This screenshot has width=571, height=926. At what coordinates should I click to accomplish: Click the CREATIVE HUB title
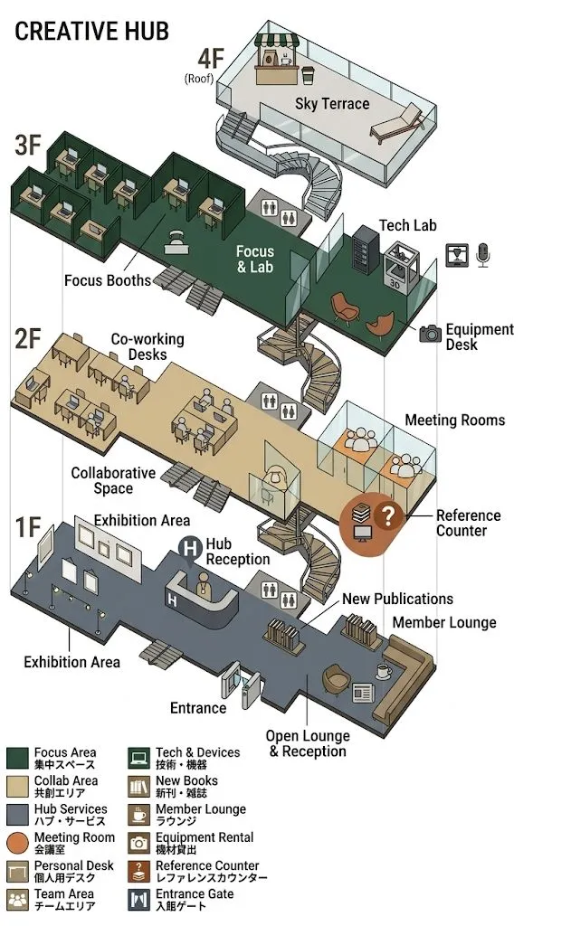91,31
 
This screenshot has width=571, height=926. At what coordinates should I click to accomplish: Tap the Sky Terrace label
332,103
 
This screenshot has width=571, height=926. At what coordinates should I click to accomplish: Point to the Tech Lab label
407,225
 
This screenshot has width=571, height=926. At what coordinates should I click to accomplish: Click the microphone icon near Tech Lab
483,255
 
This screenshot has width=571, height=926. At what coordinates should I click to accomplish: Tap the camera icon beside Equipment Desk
430,334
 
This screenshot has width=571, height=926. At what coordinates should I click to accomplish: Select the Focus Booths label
107,280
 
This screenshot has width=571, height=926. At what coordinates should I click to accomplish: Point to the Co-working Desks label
147,346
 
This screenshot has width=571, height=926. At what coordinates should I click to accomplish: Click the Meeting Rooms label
454,420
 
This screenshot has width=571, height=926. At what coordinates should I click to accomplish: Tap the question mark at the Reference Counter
388,516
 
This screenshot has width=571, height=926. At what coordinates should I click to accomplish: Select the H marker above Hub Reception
190,547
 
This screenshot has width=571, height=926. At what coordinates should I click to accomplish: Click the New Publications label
397,599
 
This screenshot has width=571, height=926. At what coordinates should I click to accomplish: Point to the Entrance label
198,707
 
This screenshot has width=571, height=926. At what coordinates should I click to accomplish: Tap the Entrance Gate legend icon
139,900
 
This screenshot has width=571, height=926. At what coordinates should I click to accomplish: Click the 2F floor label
27,339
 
